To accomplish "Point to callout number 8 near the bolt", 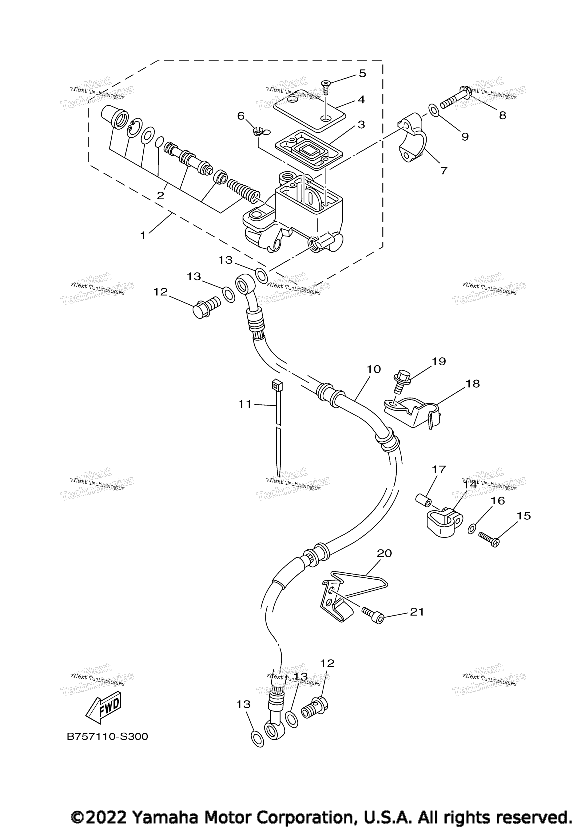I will pyautogui.click(x=502, y=115).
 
